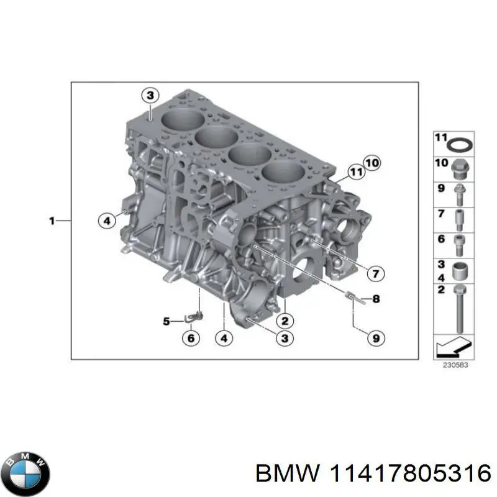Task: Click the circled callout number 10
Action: pos(371,163)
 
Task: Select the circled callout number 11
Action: pos(355,171)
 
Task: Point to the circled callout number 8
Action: pos(376,299)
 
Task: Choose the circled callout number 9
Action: pos(376,338)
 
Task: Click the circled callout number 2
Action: pos(285,321)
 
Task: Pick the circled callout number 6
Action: pos(191,338)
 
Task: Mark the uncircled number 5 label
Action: pos(166,321)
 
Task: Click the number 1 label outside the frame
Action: pos(53,219)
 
